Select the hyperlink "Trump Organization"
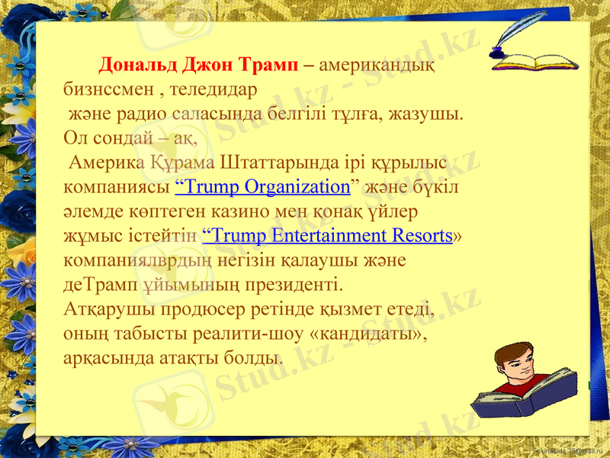point(262,186)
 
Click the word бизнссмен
point(107,89)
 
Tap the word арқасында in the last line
point(108,358)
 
